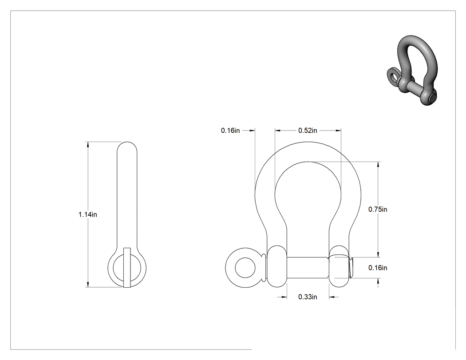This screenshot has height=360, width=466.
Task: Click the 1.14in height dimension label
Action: pyautogui.click(x=88, y=214)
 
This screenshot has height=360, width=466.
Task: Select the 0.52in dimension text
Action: pyautogui.click(x=308, y=131)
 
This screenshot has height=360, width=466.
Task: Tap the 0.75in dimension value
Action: pyautogui.click(x=378, y=209)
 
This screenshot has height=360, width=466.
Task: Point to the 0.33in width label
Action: pyautogui.click(x=308, y=297)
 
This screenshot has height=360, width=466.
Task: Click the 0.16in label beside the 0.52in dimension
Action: pyautogui.click(x=230, y=131)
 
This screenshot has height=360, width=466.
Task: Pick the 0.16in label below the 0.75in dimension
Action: pyautogui.click(x=378, y=268)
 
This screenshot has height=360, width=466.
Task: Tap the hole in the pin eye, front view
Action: pyautogui.click(x=245, y=268)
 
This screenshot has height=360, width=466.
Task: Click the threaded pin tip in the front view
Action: pyautogui.click(x=351, y=268)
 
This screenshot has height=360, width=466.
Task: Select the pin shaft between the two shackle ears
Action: pyautogui.click(x=308, y=268)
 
